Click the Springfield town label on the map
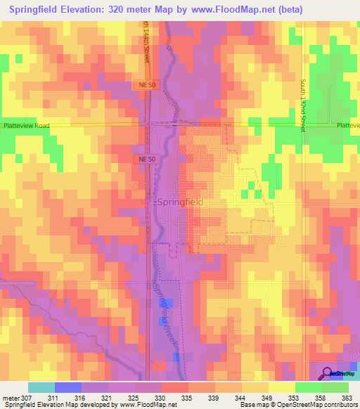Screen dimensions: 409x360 [179, 202]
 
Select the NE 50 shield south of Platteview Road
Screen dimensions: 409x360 [143, 160]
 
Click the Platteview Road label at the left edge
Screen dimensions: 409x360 [25, 125]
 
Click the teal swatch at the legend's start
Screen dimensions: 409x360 [41, 387]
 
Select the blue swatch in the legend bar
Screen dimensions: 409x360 [67, 387]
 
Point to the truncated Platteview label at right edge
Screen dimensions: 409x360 [347, 125]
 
